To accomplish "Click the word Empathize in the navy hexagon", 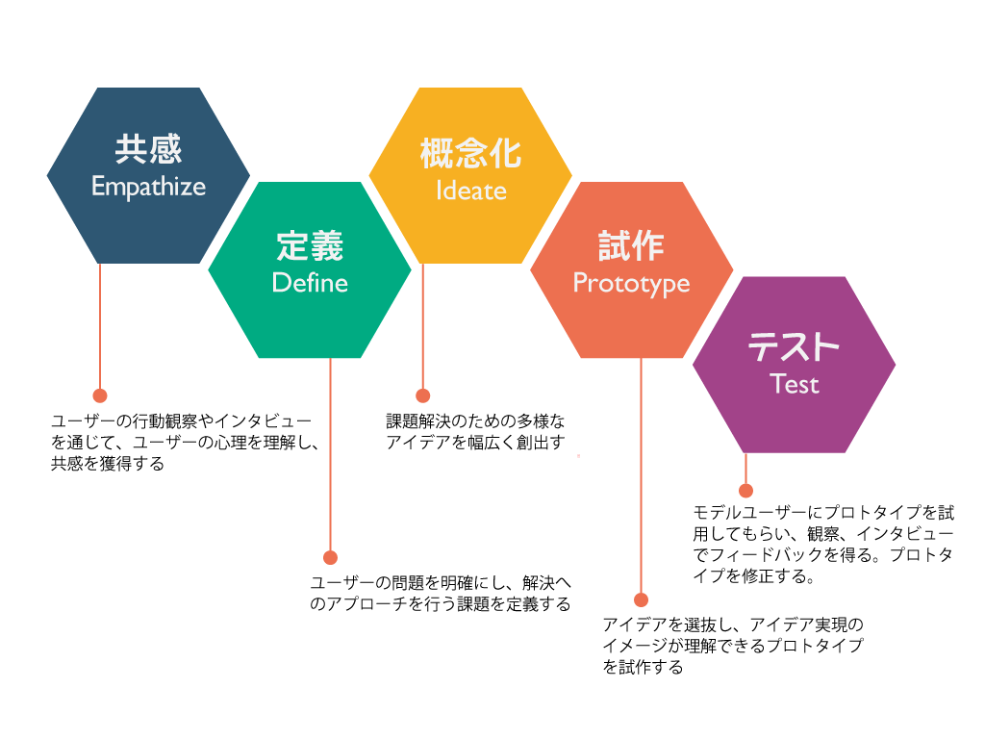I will coord(148,186).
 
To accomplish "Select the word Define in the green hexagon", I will coord(310,282).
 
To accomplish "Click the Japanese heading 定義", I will coord(310,246).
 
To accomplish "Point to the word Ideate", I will coord(470,190).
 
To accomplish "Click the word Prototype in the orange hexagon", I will coord(631,283).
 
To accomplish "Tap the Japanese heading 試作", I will coord(631,246).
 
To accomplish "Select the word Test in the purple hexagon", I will coord(795,384).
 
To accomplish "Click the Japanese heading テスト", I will coord(795,346).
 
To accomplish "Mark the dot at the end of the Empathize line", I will coord(100,395).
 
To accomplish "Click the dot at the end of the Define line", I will coord(330,557).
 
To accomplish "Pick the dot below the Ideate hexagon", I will coord(422,395).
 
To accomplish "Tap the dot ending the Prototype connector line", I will coord(641,599).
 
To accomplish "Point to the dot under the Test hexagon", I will coord(745,490).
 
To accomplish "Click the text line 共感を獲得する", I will coord(108,464).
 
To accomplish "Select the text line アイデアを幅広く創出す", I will coord(475,443).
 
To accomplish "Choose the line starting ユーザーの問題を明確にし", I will coord(441,582).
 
